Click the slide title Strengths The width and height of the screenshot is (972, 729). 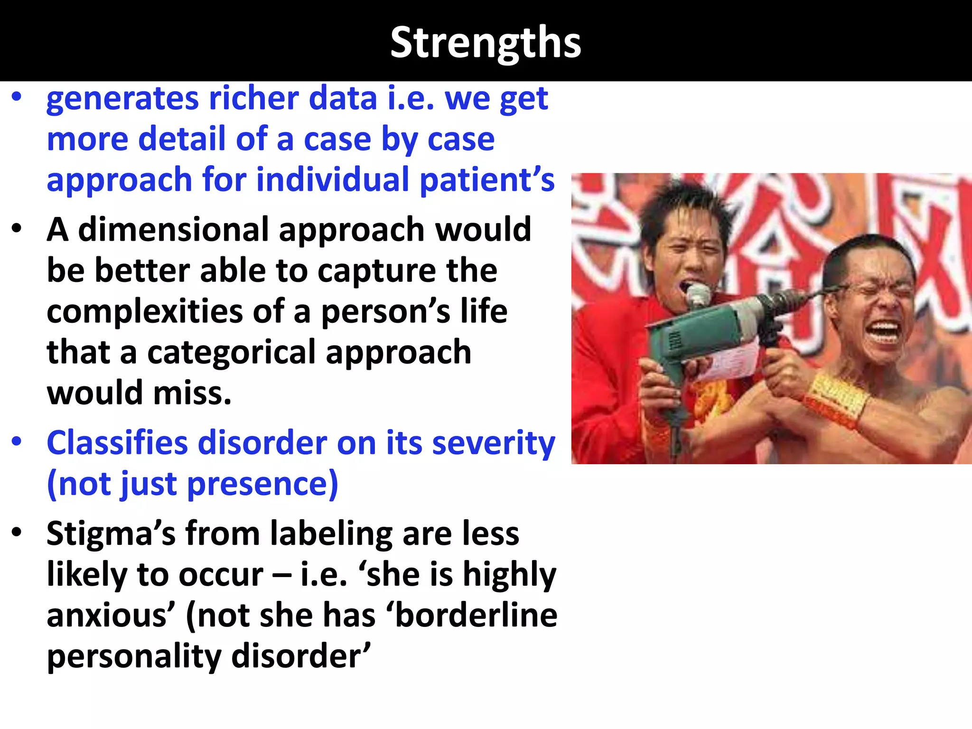[486, 43]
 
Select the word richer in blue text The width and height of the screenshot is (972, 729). [254, 99]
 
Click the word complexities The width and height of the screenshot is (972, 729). [145, 312]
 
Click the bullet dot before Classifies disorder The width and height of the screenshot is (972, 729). [17, 441]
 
